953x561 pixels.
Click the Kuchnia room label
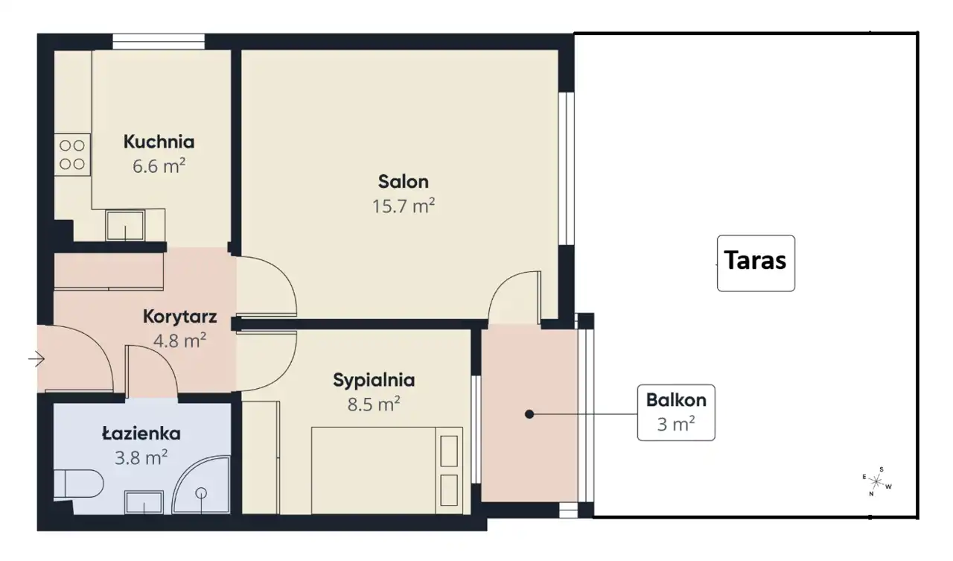click(159, 142)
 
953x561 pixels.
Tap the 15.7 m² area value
click(404, 206)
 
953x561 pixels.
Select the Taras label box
click(756, 263)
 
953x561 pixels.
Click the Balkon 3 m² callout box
click(676, 413)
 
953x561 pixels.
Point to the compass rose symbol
click(877, 482)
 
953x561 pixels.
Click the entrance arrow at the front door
click(36, 359)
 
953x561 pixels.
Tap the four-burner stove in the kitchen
click(72, 154)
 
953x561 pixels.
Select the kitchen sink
click(125, 225)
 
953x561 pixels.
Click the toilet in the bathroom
click(79, 484)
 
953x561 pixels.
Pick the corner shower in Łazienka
click(201, 485)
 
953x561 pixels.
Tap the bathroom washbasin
click(144, 502)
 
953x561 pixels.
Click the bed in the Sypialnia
click(386, 470)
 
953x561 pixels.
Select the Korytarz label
click(180, 317)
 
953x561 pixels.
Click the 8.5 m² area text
click(374, 404)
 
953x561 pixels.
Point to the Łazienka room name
click(141, 434)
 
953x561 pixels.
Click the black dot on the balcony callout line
click(529, 414)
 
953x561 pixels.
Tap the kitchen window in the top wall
click(159, 42)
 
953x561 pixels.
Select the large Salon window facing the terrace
click(567, 168)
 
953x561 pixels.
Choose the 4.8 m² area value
click(180, 341)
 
